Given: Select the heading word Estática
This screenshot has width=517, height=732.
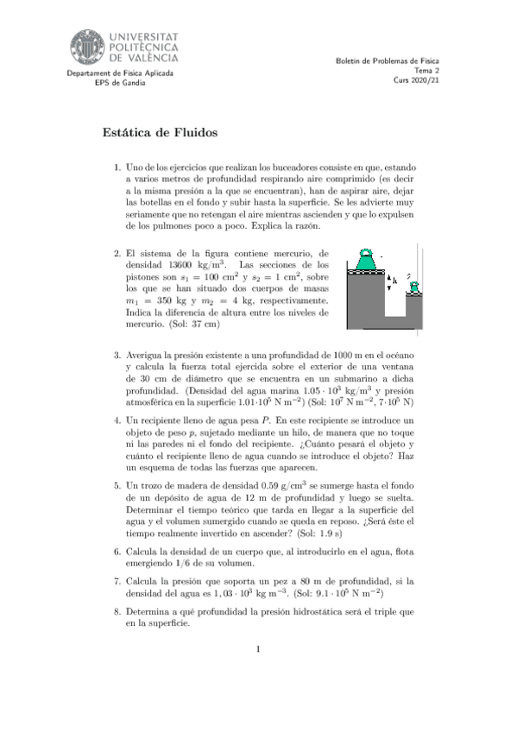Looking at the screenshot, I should pyautogui.click(x=129, y=133).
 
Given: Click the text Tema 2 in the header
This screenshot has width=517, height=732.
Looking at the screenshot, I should pyautogui.click(x=426, y=71).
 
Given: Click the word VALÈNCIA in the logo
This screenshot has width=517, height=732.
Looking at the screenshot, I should pyautogui.click(x=143, y=58).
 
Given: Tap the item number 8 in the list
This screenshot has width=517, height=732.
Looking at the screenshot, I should pyautogui.click(x=117, y=612).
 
